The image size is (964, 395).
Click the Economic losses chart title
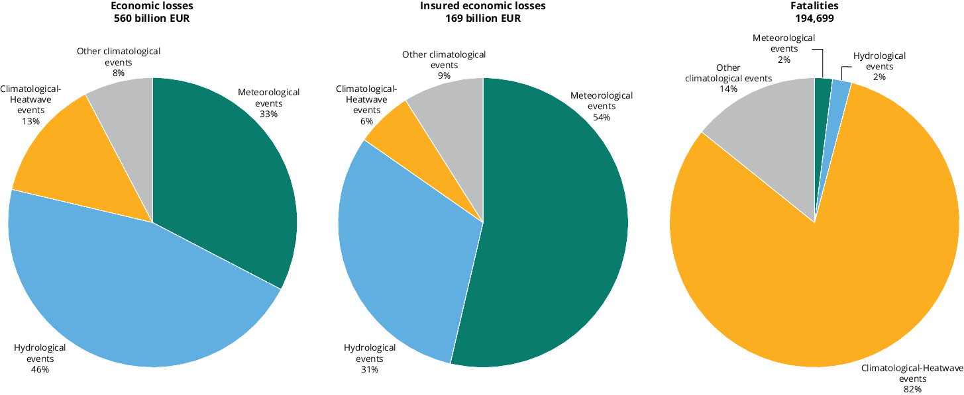[152, 6]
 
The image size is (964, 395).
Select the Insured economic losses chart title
[483, 6]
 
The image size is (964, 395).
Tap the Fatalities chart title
[814, 6]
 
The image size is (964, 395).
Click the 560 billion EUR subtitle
[152, 19]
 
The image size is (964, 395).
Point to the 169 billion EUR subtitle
[483, 19]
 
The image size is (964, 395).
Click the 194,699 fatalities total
[814, 19]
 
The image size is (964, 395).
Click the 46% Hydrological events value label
[40, 369]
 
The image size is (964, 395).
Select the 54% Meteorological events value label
[602, 117]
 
